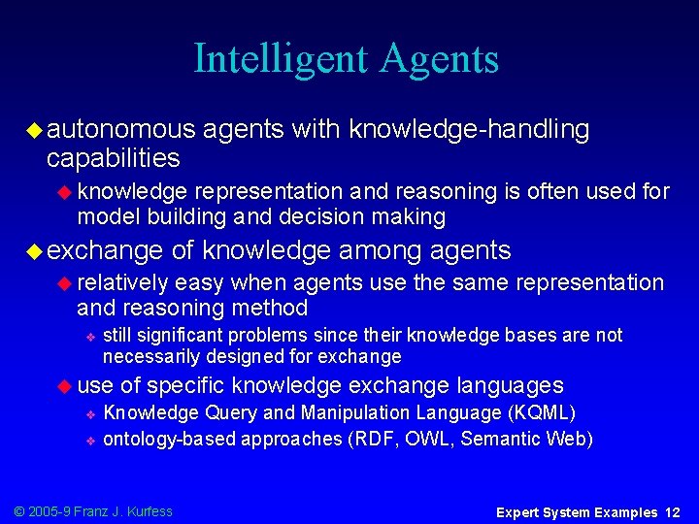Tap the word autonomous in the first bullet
(x=120, y=130)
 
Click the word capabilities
(x=113, y=157)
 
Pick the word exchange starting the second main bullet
(x=104, y=251)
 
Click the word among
(x=383, y=251)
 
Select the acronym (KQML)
(x=541, y=413)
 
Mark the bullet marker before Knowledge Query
(x=88, y=414)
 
